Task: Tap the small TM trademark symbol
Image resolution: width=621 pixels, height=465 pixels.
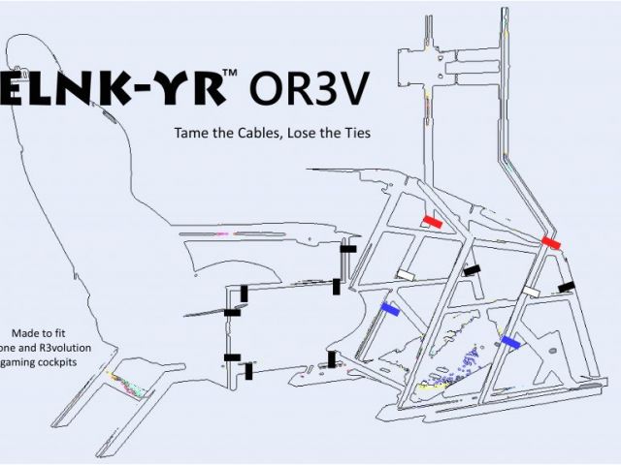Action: (230, 74)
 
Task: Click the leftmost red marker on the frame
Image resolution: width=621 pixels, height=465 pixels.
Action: (432, 222)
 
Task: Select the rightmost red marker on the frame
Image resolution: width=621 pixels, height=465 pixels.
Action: (551, 242)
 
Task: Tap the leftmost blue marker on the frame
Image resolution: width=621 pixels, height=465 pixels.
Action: (391, 308)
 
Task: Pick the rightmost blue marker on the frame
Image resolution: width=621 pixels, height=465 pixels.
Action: (511, 341)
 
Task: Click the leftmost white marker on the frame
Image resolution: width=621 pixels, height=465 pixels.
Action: (405, 275)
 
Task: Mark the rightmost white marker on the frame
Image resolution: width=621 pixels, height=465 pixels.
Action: (531, 291)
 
